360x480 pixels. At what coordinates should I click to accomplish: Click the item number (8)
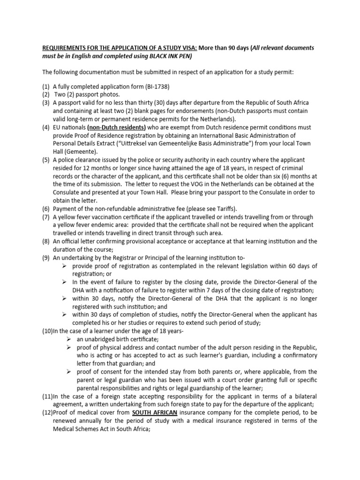(46, 241)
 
